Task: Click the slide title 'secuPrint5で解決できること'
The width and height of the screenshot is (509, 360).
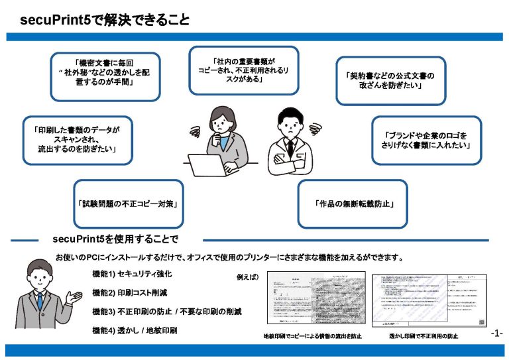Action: [x=104, y=20]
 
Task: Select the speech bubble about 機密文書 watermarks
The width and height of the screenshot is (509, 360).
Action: [x=106, y=76]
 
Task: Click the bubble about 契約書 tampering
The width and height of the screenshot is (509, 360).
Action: [x=390, y=80]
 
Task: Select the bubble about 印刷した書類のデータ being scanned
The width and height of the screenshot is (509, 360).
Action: [x=78, y=140]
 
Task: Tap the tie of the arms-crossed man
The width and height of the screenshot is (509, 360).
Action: [x=290, y=147]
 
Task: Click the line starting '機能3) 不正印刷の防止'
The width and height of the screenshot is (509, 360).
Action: [x=166, y=311]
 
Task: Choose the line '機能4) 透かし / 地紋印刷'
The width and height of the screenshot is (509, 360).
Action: [x=135, y=330]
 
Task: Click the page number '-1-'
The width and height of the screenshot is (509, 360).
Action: [x=497, y=333]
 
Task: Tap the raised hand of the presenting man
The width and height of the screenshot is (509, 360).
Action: [x=75, y=296]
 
